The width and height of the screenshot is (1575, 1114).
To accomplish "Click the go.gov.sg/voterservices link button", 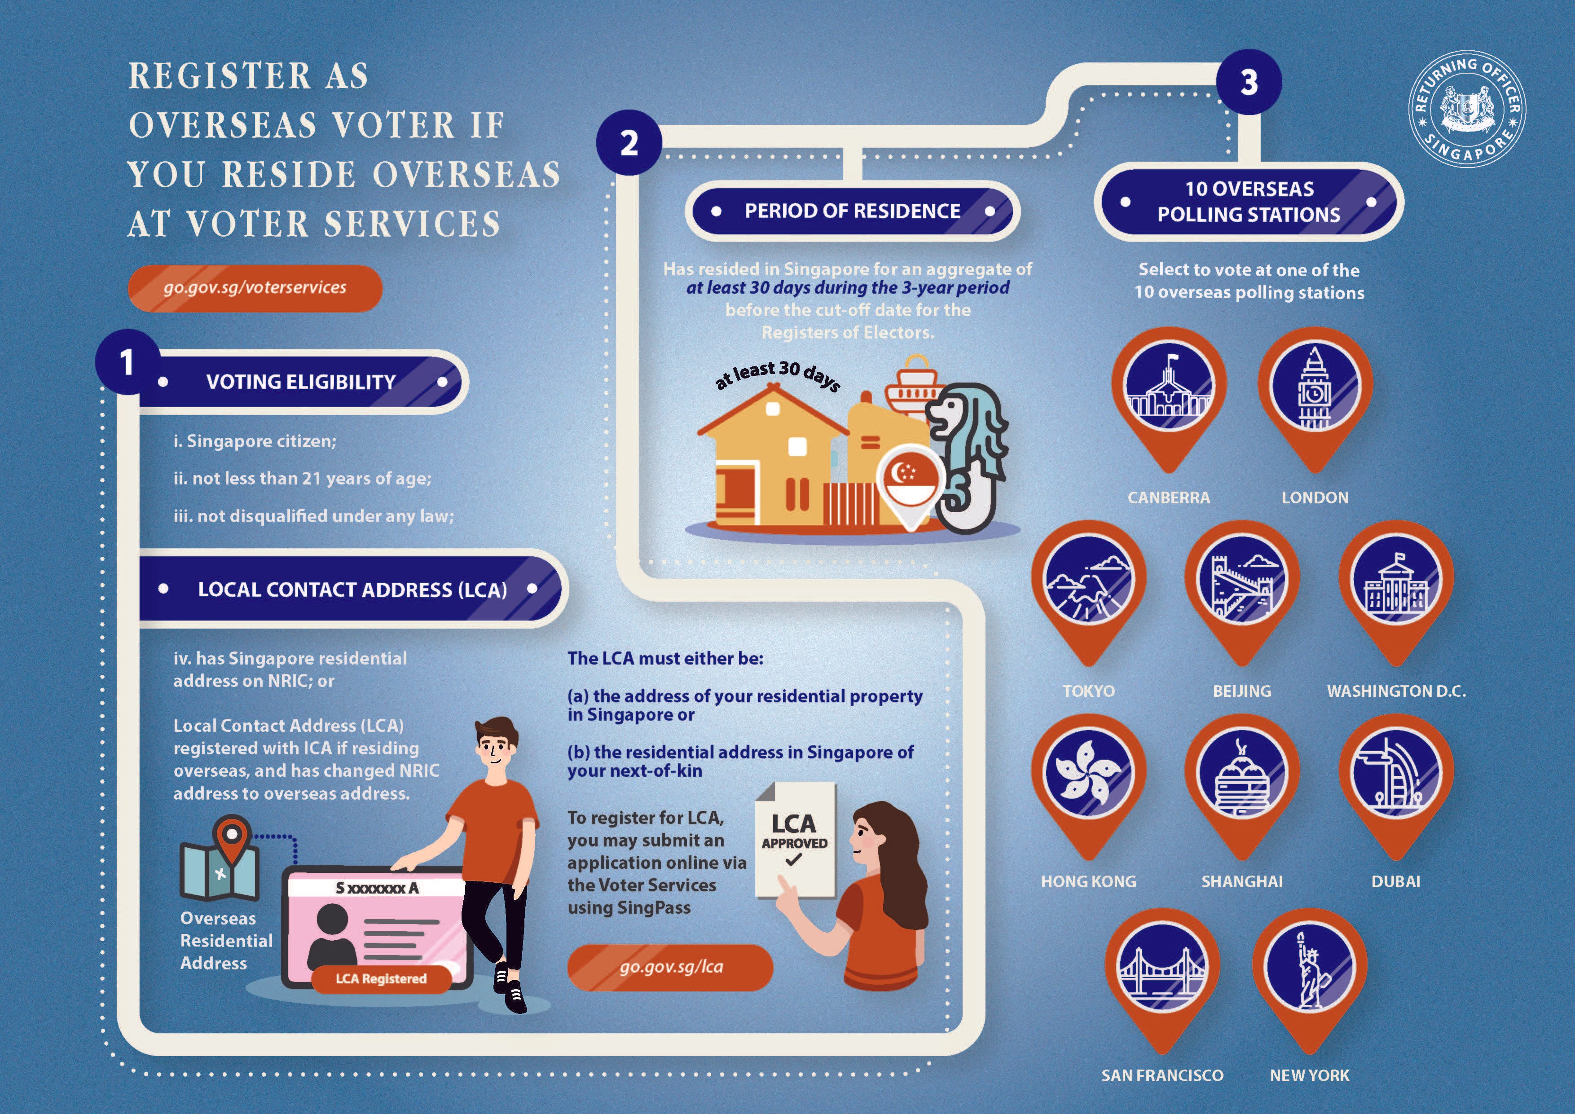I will tap(255, 288).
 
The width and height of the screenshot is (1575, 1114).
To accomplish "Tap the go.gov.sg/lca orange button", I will tap(670, 967).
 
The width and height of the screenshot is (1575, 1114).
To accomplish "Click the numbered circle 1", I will tap(127, 361).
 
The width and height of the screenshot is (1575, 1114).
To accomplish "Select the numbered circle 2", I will tap(629, 143).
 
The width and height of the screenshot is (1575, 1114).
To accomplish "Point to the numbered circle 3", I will tap(1249, 82).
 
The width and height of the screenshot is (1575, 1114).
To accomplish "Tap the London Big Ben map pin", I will tap(1314, 391).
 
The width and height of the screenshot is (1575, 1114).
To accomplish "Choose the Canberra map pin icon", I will tap(1168, 391).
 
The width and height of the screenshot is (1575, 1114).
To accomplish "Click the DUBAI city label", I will tap(1395, 881).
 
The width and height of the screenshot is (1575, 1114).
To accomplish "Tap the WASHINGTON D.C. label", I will tap(1396, 691).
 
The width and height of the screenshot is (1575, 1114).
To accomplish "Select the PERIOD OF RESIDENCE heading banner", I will tap(852, 211).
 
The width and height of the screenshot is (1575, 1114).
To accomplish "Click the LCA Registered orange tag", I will tap(381, 979).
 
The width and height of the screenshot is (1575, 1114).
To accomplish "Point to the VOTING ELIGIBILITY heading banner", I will tap(302, 382).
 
